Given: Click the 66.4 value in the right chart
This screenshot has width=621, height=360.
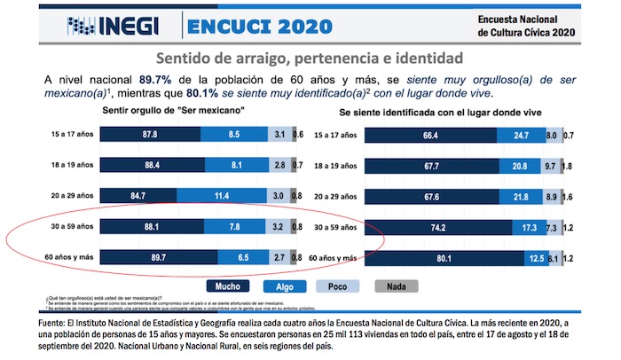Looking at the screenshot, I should (431, 135).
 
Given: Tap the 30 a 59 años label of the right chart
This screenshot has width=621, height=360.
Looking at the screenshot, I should (335, 227).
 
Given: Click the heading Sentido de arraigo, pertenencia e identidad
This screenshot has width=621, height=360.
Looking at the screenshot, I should (310, 59).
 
